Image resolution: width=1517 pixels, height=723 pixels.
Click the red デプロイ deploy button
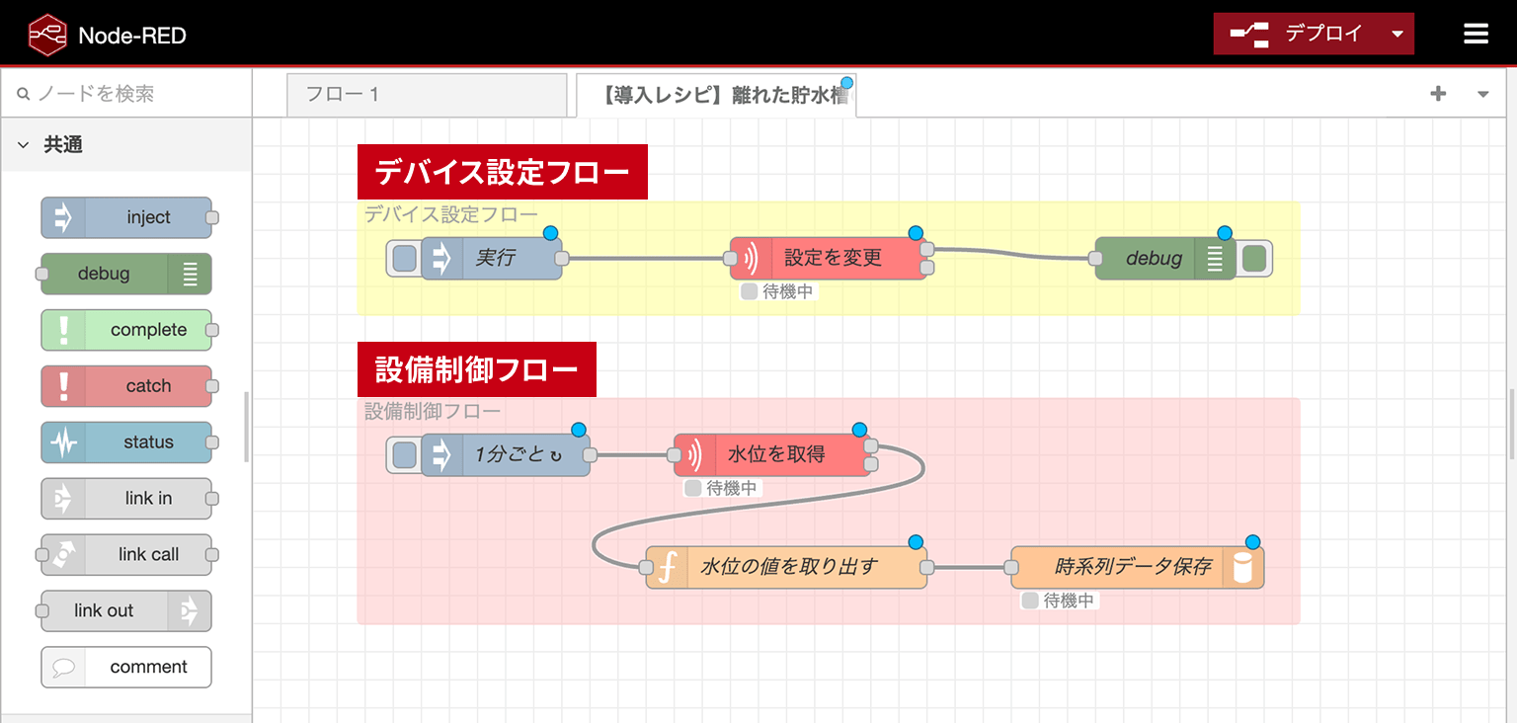(1314, 34)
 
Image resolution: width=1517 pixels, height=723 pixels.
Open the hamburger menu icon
(1476, 34)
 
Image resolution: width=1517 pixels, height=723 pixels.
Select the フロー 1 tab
(427, 94)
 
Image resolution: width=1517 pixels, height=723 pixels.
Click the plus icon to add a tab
(1438, 94)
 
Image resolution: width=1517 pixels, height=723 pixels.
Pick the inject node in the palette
(126, 217)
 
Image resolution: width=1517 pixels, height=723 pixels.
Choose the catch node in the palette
(126, 386)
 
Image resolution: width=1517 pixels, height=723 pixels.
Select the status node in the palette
(126, 442)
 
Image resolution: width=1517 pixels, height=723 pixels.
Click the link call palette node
(126, 554)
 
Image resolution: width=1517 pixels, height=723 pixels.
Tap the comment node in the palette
(126, 667)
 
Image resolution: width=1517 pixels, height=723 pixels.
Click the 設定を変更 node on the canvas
(829, 258)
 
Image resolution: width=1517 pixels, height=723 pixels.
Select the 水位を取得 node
(772, 454)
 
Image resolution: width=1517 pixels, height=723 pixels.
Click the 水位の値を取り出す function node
(786, 567)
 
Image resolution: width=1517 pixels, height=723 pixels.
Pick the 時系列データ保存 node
(1138, 567)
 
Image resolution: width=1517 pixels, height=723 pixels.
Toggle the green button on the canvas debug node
(1254, 258)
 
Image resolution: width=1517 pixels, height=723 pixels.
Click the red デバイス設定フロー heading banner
(503, 172)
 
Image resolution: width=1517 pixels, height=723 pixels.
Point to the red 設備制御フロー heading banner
(477, 369)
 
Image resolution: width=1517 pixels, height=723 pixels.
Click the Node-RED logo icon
(47, 35)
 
